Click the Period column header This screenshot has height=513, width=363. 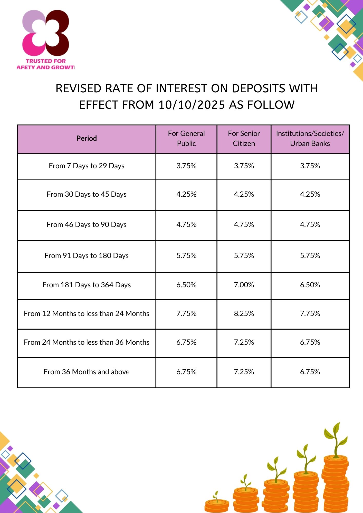(87, 139)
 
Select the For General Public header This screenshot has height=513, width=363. (186, 139)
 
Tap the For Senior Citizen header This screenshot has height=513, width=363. (244, 139)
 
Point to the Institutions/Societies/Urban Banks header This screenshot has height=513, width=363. (310, 139)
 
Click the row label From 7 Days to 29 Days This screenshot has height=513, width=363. (87, 166)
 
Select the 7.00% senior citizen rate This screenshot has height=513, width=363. (244, 285)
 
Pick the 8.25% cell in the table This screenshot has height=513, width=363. (244, 313)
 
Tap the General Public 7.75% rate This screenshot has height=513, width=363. (186, 313)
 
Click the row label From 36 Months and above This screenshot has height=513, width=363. (87, 372)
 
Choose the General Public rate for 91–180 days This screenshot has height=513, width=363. (186, 255)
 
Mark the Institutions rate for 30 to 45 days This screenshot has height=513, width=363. (310, 194)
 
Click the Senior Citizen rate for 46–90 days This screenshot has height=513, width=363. (244, 224)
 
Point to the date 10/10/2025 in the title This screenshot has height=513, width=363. (192, 105)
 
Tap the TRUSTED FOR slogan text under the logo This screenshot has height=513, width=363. (46, 61)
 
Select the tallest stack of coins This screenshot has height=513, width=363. (336, 482)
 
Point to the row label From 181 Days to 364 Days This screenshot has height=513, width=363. (87, 285)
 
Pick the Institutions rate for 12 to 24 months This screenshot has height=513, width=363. (310, 313)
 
